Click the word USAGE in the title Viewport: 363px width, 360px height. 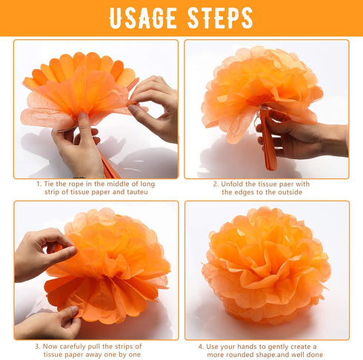click(143, 18)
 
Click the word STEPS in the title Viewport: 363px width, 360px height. click(220, 18)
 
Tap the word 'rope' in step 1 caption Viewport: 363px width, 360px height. click(76, 184)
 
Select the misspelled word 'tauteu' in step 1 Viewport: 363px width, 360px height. click(137, 192)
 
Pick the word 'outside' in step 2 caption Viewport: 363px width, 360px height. click(290, 192)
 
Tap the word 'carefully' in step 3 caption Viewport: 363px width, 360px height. click(73, 347)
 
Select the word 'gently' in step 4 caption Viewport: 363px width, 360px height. click(279, 347)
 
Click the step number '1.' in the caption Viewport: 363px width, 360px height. click(39, 184)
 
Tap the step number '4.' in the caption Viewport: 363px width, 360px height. click(201, 347)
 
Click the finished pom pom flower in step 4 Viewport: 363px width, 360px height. click(266, 265)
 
